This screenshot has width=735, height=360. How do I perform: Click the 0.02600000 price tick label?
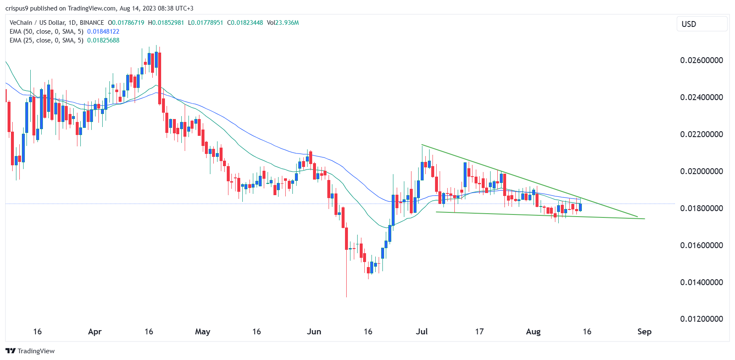[701, 60]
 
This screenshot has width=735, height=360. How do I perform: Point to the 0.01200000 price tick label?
[701, 319]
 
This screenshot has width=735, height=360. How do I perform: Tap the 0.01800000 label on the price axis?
[701, 208]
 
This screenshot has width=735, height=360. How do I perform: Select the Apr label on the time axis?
[95, 331]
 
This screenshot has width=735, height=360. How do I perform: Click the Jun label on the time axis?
[314, 331]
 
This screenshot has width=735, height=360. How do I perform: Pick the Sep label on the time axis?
[644, 331]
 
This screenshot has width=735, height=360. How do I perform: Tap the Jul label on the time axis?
[422, 331]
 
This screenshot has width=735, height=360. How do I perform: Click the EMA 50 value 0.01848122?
[103, 32]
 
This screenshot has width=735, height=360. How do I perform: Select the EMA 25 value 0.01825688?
[103, 40]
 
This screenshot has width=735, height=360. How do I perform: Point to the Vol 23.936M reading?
[283, 23]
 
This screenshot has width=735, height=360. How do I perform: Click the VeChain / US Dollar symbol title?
[56, 23]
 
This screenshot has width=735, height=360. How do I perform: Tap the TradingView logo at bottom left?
[30, 351]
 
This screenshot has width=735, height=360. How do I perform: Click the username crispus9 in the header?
[16, 8]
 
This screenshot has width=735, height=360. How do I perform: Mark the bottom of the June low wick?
[346, 296]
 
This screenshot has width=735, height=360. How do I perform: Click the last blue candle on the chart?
[581, 207]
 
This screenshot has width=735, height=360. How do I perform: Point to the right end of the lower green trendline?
[645, 219]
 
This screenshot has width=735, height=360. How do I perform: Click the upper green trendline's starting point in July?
[422, 145]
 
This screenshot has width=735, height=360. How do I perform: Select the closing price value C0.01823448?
[245, 23]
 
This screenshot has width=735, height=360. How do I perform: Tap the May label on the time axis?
[202, 331]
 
